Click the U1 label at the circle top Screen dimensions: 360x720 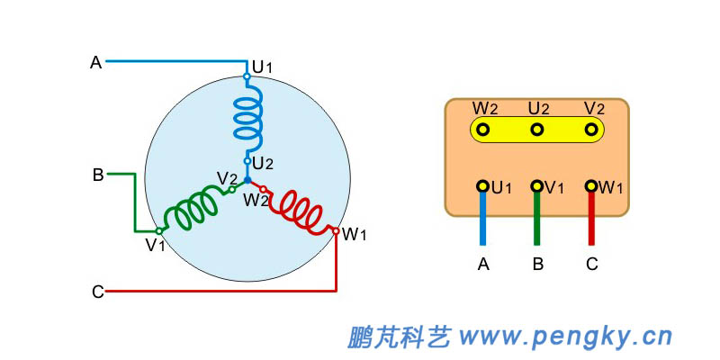[262, 67]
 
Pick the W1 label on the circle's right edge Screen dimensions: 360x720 [355, 235]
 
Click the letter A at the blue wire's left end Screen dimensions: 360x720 [95, 62]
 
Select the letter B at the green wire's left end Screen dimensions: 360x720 [97, 175]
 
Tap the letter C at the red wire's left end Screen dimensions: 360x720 [97, 292]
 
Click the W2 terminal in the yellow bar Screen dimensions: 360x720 [483, 130]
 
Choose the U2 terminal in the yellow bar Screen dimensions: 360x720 [537, 130]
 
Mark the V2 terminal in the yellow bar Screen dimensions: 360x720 [591, 130]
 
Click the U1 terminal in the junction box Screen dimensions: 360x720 [483, 186]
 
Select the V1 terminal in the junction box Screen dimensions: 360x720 [537, 186]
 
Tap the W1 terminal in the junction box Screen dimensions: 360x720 [591, 186]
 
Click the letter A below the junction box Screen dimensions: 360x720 [483, 265]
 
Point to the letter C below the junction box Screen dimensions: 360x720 [591, 265]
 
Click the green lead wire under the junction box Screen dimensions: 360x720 [537, 220]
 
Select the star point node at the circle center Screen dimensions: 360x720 [248, 181]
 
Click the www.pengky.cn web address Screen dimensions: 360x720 [565, 337]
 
